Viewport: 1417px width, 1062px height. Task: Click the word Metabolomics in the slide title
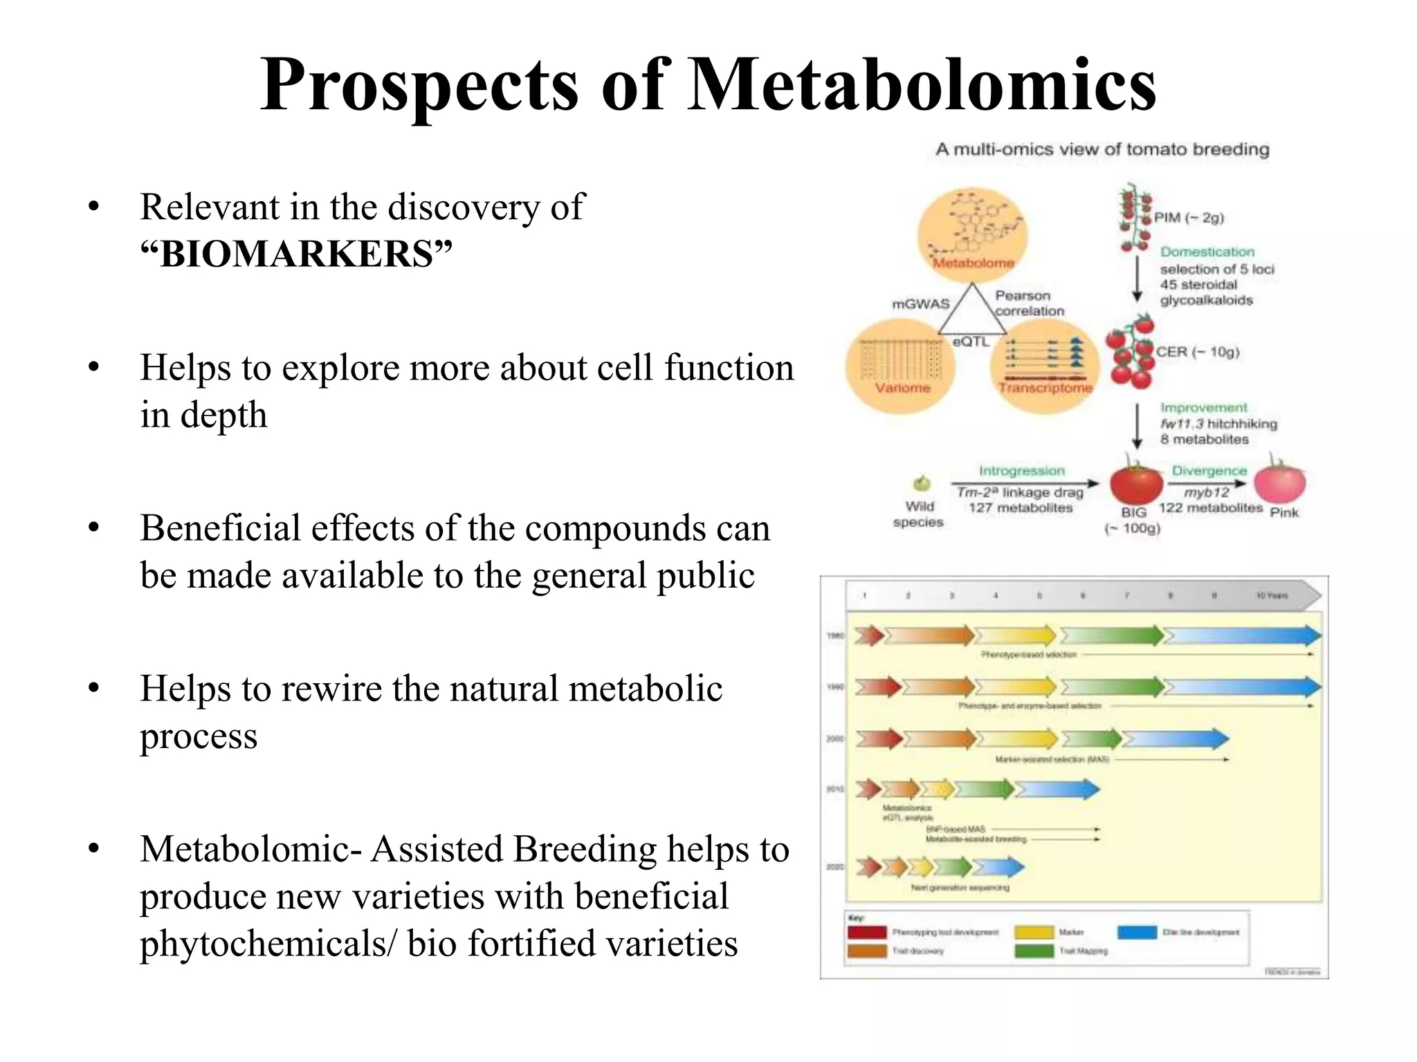pyautogui.click(x=922, y=84)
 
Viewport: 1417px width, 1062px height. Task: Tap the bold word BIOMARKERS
pyautogui.click(x=296, y=254)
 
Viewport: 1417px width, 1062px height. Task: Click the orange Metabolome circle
pyautogui.click(x=972, y=235)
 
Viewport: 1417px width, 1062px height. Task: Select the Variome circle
pyautogui.click(x=900, y=366)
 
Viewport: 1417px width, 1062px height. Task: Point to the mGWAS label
pyautogui.click(x=920, y=304)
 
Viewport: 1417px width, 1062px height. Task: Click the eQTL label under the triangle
pyautogui.click(x=971, y=342)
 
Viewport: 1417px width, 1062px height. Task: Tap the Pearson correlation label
pyautogui.click(x=1028, y=303)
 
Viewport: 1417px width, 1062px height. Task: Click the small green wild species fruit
pyautogui.click(x=922, y=483)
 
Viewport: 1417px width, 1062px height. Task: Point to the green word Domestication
pyautogui.click(x=1207, y=252)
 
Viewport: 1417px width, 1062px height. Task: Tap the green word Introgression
pyautogui.click(x=1021, y=470)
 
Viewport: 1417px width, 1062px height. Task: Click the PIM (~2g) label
pyautogui.click(x=1189, y=218)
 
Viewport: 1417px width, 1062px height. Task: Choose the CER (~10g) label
pyautogui.click(x=1197, y=352)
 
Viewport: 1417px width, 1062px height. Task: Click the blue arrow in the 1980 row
pyautogui.click(x=1242, y=635)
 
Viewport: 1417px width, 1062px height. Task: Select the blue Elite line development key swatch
pyautogui.click(x=1137, y=932)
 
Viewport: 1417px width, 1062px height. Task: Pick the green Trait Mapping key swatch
pyautogui.click(x=1034, y=951)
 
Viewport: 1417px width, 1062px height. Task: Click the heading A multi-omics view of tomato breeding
pyautogui.click(x=1102, y=149)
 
